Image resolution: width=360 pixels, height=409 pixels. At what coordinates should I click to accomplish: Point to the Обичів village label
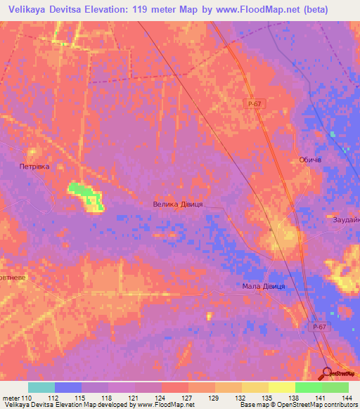pos(310,160)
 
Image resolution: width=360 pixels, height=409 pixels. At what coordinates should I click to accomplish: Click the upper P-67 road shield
pos(255,104)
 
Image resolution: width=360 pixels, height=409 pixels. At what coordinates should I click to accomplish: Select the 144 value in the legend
pos(345,397)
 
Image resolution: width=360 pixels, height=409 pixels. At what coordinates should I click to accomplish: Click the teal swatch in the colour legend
pos(41,387)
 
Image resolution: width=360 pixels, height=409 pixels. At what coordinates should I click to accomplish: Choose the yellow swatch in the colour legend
pos(281,387)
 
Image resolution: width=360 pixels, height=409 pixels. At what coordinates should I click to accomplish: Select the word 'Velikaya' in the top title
pos(26,9)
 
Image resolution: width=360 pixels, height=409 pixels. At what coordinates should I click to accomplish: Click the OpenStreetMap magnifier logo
pos(327,374)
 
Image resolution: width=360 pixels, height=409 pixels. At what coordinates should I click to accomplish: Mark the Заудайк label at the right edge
pos(346,220)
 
